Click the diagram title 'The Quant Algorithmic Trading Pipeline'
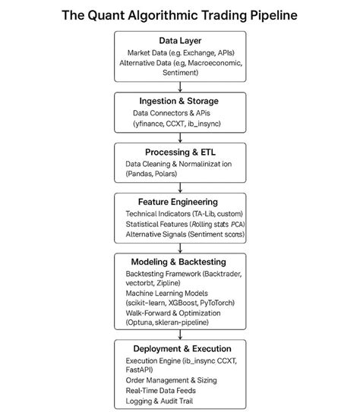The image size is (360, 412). [180, 14]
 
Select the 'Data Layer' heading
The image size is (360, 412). [180, 39]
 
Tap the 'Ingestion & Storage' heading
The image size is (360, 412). [180, 100]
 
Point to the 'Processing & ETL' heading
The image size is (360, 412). [180, 152]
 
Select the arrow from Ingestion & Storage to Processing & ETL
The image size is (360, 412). [180, 137]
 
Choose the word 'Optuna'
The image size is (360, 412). [142, 322]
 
